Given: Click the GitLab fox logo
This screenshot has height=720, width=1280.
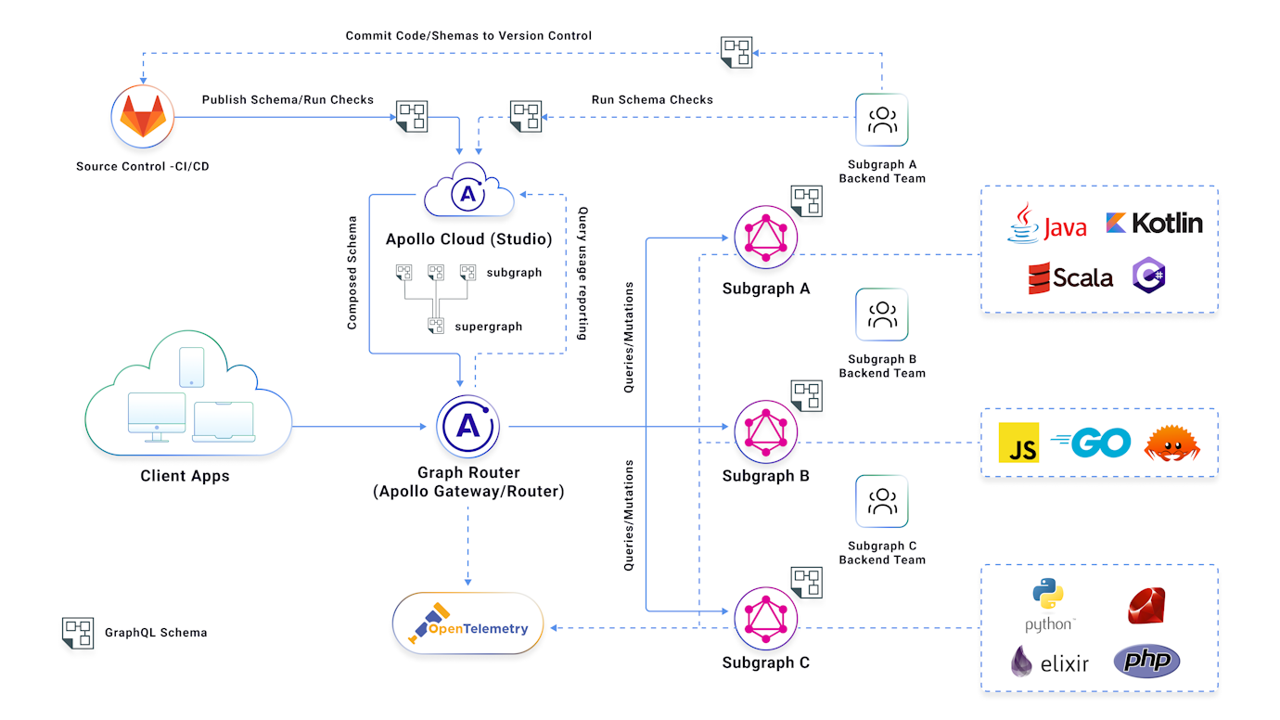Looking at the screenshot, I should coord(143,118).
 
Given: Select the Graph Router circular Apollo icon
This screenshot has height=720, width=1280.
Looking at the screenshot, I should coord(468,427).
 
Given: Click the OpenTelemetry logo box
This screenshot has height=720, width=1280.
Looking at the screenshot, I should coord(467,624).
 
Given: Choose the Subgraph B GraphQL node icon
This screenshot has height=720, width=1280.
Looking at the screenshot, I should coord(766,428).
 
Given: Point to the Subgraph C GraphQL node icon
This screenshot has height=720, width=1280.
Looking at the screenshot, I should coord(766,614).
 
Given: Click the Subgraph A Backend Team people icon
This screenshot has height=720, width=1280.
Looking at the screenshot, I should coord(882,120).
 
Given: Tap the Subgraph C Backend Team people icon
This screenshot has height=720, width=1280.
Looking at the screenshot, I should coord(882,502).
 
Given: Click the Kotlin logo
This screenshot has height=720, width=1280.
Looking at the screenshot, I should coord(1154,223).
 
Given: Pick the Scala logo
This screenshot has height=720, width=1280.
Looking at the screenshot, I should coord(1070,277).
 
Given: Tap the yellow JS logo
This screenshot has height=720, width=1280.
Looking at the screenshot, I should coord(1018,443).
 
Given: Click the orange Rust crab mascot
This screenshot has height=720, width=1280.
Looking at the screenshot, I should coord(1171,444).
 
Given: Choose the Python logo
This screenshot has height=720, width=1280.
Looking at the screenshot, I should coord(1049,604).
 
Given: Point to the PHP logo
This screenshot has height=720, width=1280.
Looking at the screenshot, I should coord(1146,661).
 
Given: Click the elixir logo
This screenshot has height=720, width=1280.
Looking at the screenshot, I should coord(1049,662).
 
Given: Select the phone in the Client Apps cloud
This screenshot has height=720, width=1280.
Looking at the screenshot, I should coord(191,367).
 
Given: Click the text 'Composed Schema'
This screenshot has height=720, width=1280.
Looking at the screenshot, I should coord(352,273).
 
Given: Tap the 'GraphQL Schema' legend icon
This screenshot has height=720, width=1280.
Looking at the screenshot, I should coord(78,633).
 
